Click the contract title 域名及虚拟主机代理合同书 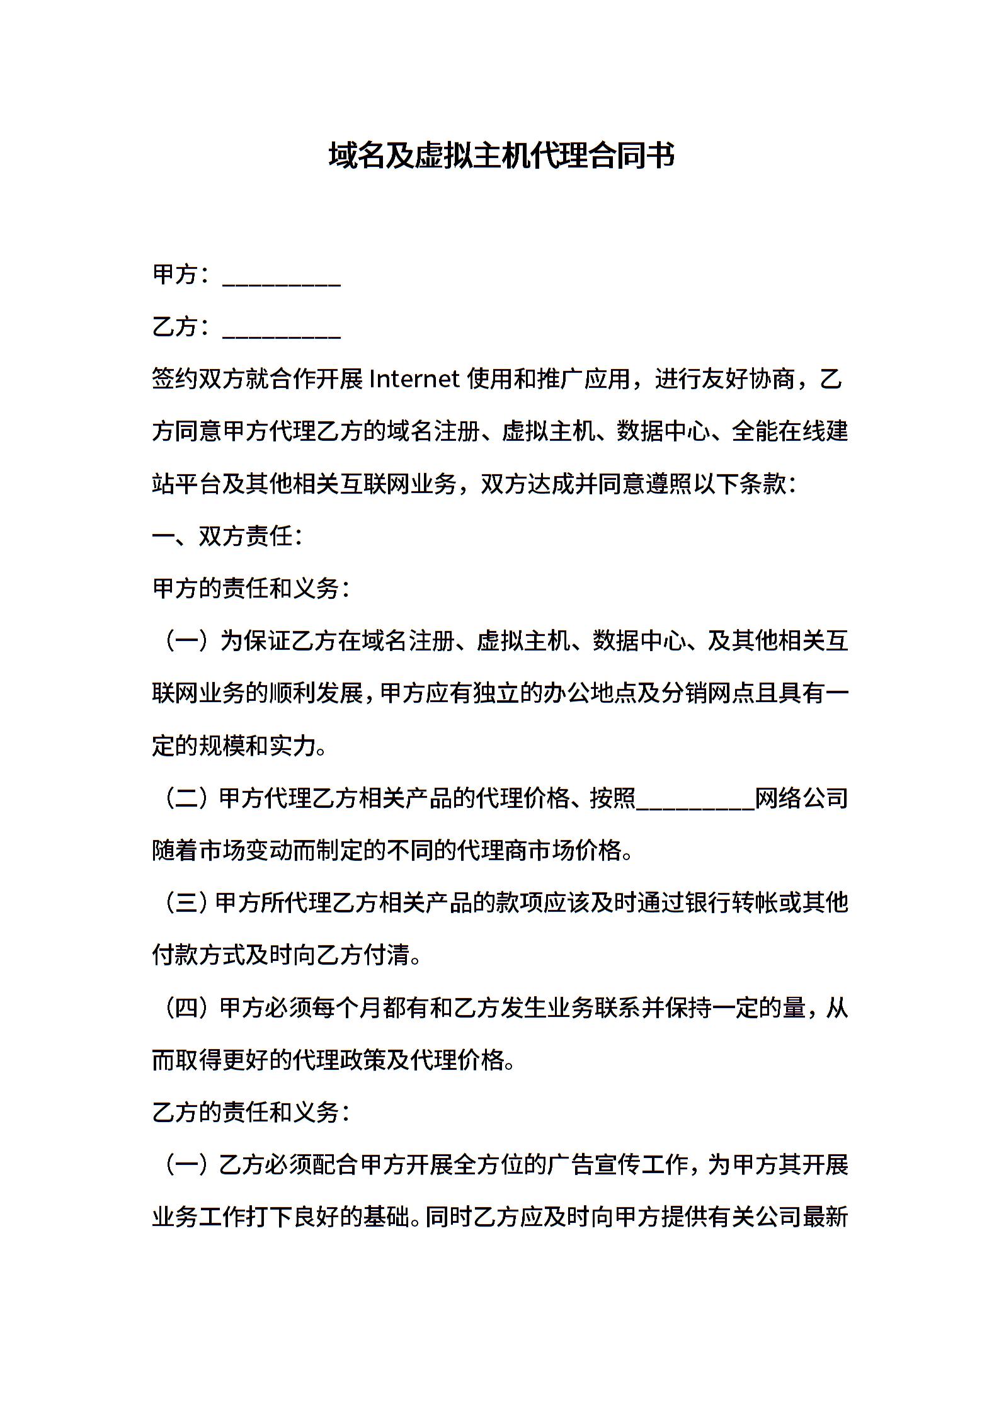tap(501, 156)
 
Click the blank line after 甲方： tap(282, 277)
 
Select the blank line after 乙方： tap(282, 329)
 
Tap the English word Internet tap(414, 379)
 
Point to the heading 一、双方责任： tap(227, 536)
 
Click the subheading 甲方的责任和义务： tap(251, 589)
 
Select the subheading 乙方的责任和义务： tap(251, 1113)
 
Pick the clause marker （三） tap(183, 903)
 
